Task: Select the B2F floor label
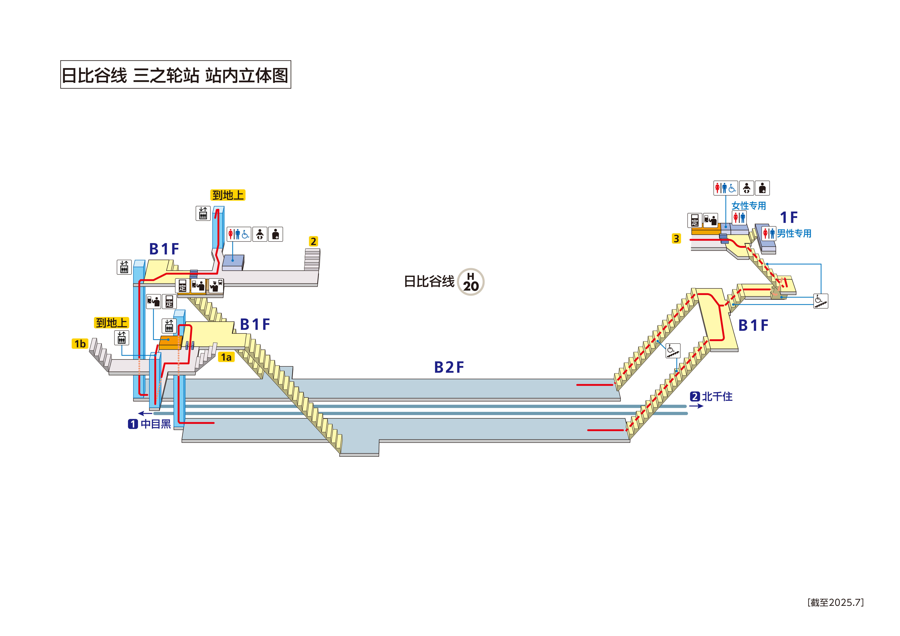449,367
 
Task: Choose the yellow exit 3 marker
676,238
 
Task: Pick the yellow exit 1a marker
226,357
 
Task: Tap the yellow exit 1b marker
80,344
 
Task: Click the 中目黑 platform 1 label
150,424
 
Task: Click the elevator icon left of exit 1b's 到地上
121,337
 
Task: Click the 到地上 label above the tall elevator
228,195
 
